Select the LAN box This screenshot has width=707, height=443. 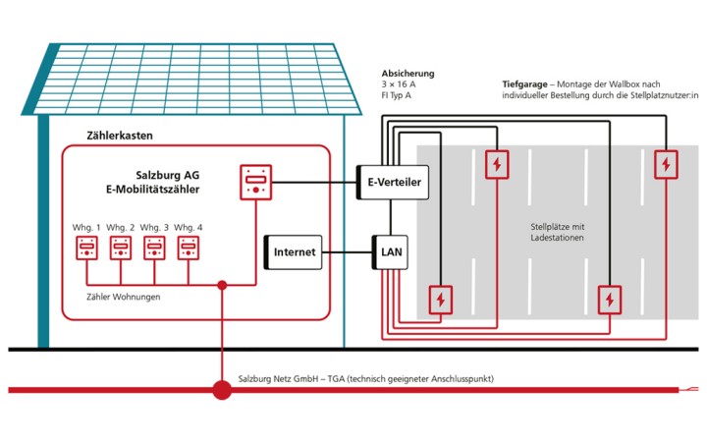[x=388, y=252]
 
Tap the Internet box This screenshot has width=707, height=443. [x=294, y=252]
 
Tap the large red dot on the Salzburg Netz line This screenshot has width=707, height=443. [x=222, y=390]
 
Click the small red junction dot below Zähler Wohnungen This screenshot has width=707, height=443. [x=222, y=286]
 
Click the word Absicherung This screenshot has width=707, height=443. [x=408, y=74]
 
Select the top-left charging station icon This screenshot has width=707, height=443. [x=498, y=164]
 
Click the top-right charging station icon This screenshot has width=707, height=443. [x=667, y=164]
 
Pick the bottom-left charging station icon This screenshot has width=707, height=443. [x=441, y=298]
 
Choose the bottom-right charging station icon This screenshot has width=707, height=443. [x=610, y=298]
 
